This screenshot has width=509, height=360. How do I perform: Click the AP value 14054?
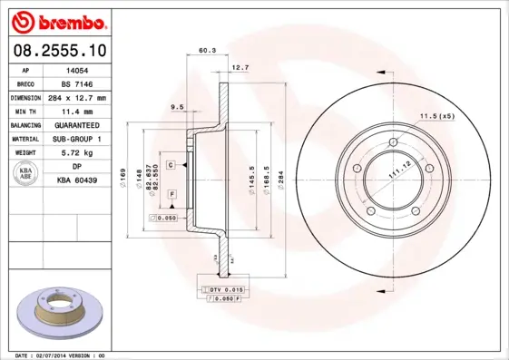77,70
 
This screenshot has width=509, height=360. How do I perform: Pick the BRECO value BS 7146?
77,83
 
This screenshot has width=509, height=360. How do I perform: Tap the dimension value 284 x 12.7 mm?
77,97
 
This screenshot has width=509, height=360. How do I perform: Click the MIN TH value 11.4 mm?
77,111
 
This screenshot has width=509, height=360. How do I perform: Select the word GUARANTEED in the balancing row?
77,125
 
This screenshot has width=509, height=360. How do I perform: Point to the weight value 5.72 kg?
77,153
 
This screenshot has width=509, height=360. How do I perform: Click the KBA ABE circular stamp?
26,174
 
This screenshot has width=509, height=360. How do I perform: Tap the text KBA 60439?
77,181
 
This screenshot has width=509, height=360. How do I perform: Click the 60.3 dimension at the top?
207,52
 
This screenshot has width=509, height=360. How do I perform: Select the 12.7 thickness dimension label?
240,67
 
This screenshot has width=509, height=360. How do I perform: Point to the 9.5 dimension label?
178,107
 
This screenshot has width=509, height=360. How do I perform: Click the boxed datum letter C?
171,164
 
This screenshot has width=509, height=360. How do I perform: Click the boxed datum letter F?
171,194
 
